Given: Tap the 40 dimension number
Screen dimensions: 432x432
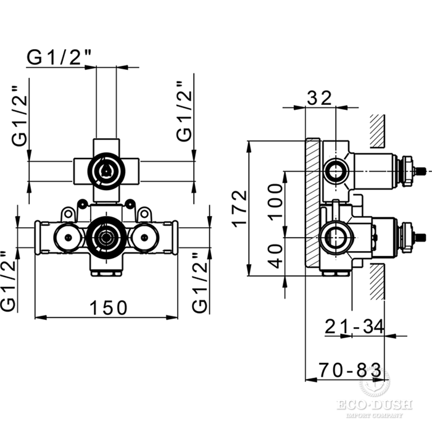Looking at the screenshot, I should click(277, 254).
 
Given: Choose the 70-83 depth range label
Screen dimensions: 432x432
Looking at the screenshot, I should click(349, 370).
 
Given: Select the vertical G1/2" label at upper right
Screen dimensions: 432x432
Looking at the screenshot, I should click(184, 112).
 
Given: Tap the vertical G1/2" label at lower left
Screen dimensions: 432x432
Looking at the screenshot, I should click(7, 281).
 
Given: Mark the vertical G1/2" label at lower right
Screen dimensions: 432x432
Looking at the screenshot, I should click(200, 281).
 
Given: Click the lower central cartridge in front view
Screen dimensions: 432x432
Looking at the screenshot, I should click(106, 236).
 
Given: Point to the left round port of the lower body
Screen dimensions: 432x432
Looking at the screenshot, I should click(66, 235).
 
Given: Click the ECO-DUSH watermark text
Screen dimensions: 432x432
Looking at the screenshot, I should click(374, 406).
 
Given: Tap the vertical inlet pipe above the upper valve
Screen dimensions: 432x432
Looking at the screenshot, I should click(106, 102).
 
